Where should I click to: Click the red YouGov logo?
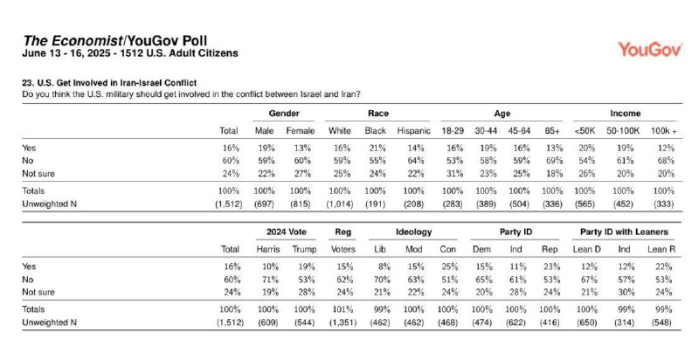click(x=650, y=50)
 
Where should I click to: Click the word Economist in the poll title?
click(x=87, y=41)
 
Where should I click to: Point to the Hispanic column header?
click(x=413, y=130)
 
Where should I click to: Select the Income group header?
click(x=625, y=114)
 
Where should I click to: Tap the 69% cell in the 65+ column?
click(x=554, y=161)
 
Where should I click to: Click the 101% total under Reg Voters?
click(x=343, y=309)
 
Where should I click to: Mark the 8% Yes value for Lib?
click(x=384, y=267)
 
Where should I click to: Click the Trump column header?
click(x=304, y=250)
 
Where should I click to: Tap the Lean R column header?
click(x=661, y=250)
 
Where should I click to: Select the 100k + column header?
click(x=664, y=130)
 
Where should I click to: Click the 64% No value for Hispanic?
click(x=416, y=161)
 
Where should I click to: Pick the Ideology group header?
click(x=413, y=232)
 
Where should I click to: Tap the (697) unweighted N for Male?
click(x=264, y=204)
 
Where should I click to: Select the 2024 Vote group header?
click(x=287, y=232)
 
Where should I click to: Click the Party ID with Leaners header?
click(x=624, y=232)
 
